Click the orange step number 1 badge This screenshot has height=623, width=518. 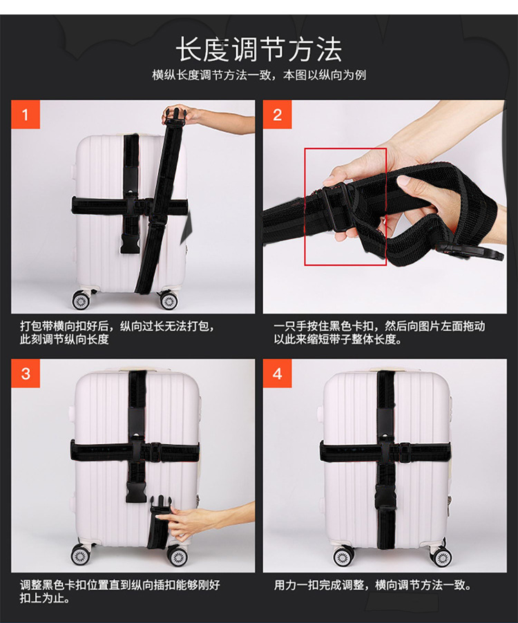point(26,115)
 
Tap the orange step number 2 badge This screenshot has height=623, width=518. point(277,115)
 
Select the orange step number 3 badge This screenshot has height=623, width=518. point(26,374)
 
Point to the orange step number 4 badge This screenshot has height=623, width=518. point(277,374)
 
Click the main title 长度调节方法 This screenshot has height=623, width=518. point(258,49)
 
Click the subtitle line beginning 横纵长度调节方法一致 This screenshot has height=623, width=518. point(258,75)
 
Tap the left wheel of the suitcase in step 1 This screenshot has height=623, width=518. point(81,300)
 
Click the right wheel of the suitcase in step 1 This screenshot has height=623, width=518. point(169,300)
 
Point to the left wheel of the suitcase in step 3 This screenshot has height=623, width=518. point(80,555)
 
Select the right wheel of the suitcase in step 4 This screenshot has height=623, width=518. point(442,557)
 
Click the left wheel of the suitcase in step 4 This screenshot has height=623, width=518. point(343,557)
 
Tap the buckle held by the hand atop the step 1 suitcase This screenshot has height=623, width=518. point(175,117)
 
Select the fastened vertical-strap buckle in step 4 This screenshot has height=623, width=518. point(385,497)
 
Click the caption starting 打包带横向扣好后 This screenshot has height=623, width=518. point(117,333)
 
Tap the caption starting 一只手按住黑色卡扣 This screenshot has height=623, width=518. point(379,333)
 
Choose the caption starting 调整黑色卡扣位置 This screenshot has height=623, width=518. point(120,591)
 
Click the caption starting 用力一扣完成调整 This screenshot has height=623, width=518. point(372,585)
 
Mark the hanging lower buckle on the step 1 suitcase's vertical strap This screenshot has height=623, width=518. point(130,243)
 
